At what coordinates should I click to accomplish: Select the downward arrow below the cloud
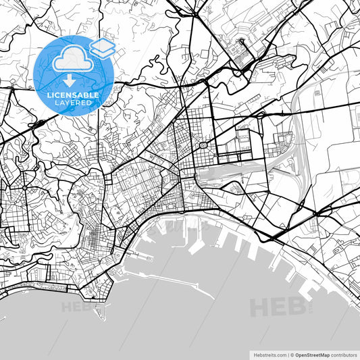coord(70,81)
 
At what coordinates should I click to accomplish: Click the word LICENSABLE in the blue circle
coord(74,95)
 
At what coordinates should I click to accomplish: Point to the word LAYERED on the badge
coord(74,104)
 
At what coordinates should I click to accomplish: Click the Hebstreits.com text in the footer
coord(267,354)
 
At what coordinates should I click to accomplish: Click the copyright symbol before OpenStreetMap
coord(292,354)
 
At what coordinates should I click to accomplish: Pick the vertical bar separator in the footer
coord(287,354)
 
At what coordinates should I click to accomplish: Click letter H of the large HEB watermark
coord(260,308)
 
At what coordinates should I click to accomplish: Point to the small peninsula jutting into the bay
coord(101,310)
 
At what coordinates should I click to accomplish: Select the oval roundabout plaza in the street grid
coord(202,145)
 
